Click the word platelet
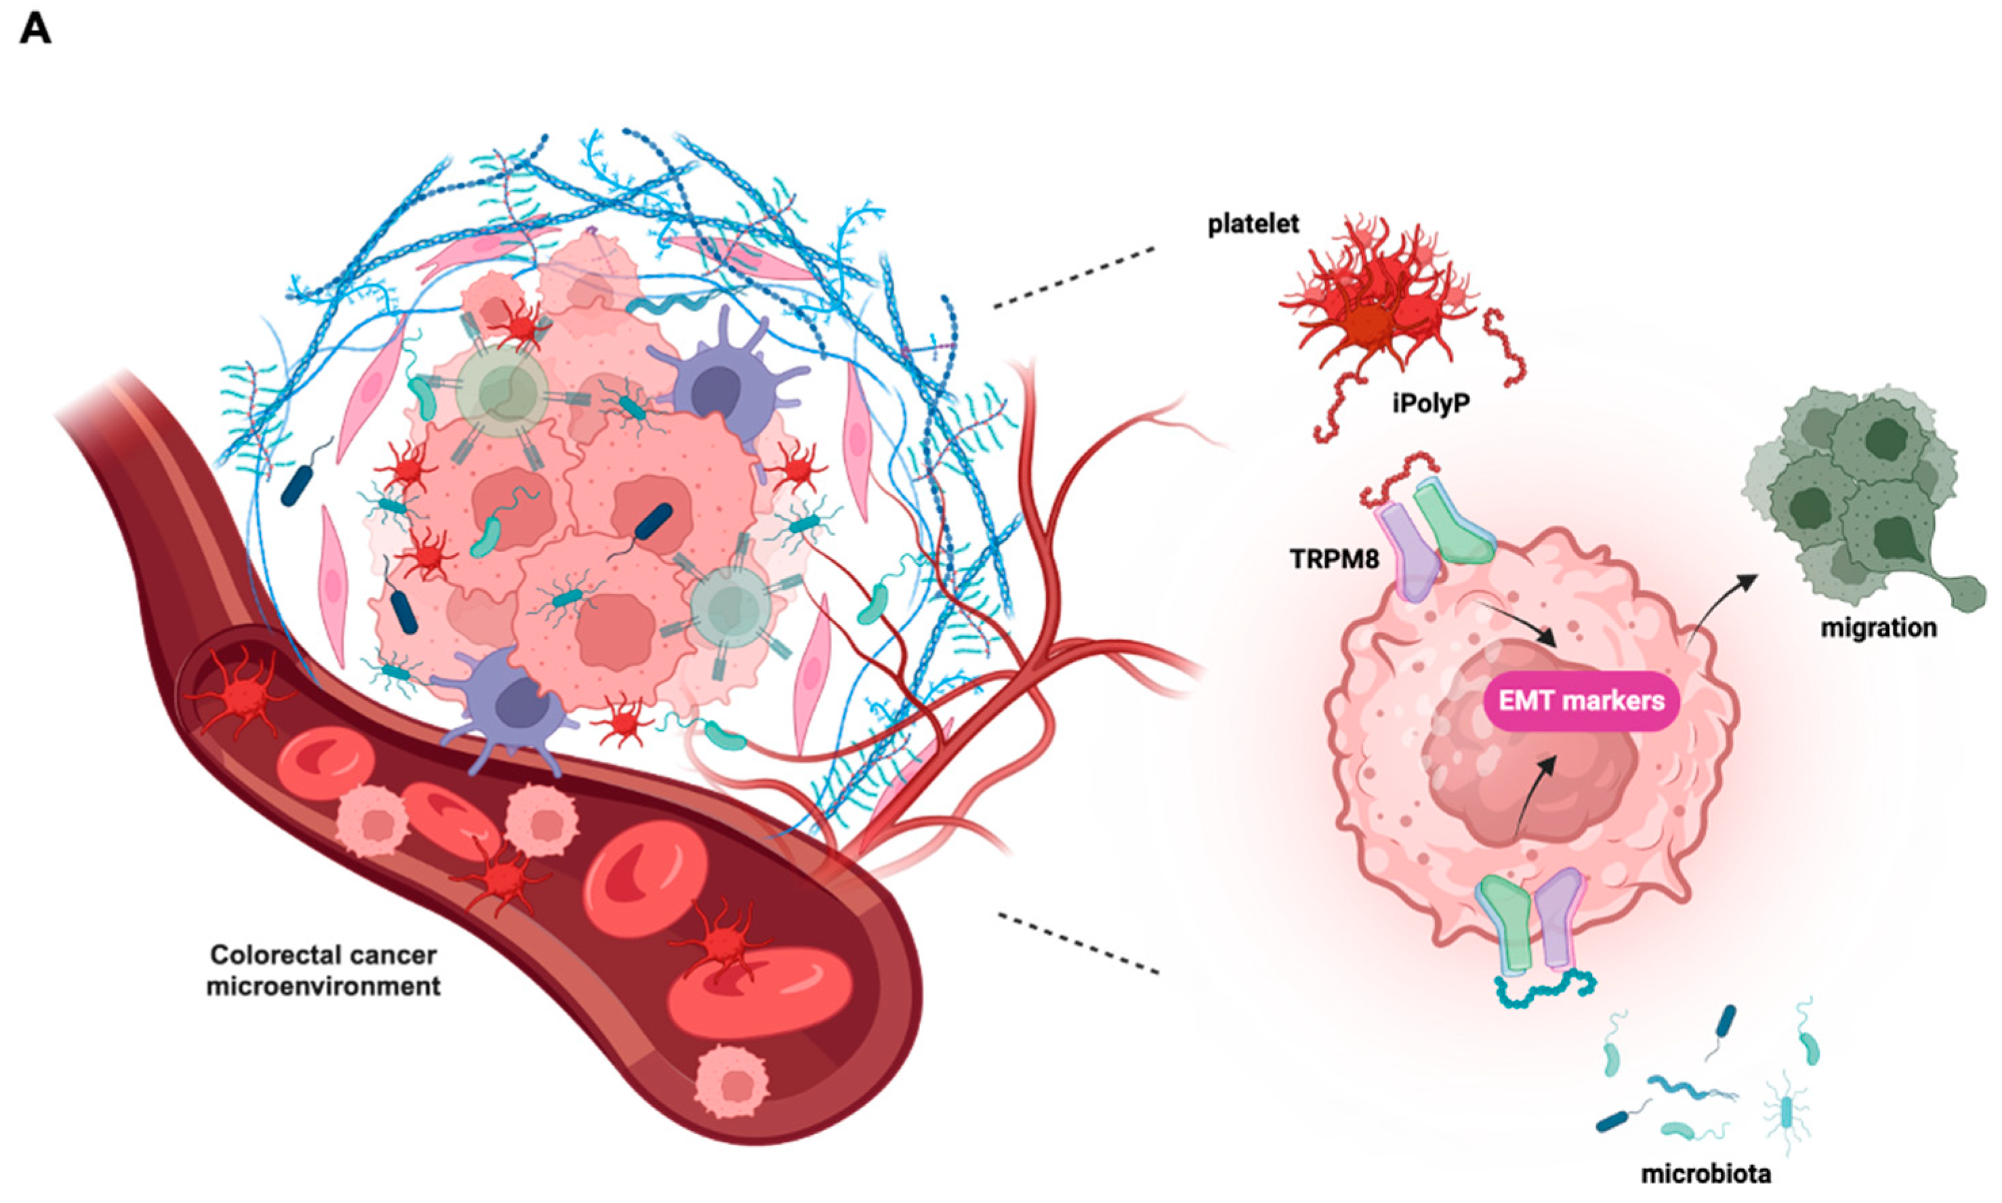[1253, 224]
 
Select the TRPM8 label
[1334, 559]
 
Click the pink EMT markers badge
[1581, 700]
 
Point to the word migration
[1878, 627]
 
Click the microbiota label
[1705, 1173]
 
